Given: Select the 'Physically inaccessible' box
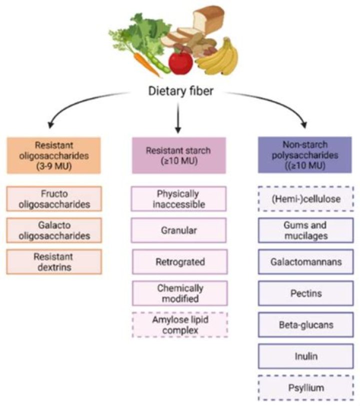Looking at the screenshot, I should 179,199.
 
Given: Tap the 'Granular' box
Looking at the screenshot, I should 179,230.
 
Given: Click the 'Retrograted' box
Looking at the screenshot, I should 179,262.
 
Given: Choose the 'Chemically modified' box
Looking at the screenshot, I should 179,293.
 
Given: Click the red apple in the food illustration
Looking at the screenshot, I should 180,62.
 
